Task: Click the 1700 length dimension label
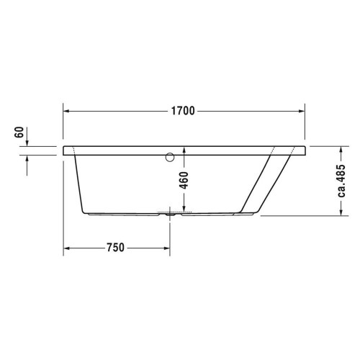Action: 183,111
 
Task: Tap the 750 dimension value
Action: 116,248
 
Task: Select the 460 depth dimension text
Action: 184,180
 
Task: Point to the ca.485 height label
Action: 341,181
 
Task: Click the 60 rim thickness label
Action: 19,132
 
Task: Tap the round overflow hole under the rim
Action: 170,157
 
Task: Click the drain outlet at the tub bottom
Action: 170,215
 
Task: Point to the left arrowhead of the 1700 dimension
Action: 66,111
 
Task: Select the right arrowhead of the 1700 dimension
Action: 302,111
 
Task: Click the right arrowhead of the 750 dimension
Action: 167,248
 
